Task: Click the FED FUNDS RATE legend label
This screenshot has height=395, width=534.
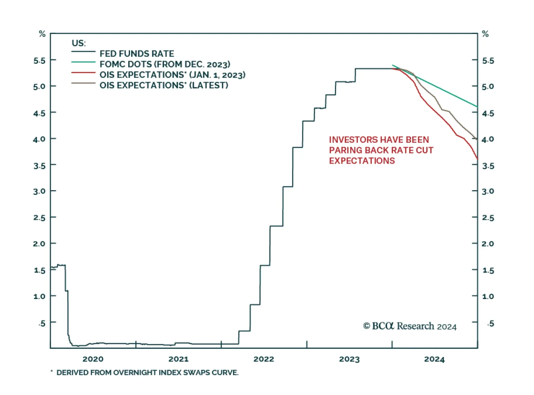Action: pos(137,54)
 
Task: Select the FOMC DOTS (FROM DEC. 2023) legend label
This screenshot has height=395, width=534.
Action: pos(165,64)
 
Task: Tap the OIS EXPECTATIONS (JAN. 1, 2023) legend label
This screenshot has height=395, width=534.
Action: pos(172,75)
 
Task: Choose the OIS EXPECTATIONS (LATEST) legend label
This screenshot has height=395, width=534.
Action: pos(164,85)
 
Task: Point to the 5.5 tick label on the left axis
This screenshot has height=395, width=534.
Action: pos(39,60)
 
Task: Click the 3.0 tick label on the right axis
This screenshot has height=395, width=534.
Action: pos(488,191)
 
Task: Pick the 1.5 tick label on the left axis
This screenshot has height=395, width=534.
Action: pos(39,270)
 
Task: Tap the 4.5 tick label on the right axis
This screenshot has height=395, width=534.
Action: pos(488,113)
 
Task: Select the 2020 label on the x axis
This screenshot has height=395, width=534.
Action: pos(93,359)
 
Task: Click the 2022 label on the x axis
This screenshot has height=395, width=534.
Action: pos(264,359)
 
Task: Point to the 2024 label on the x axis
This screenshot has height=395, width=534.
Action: pos(434,359)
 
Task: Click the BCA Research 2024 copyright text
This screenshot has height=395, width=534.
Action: pos(410,326)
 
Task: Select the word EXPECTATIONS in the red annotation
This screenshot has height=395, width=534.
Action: pos(362,161)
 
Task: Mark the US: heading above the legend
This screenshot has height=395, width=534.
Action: pos(78,43)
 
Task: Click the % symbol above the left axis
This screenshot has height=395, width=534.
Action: pos(42,34)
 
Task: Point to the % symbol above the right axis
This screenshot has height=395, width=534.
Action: pos(485,34)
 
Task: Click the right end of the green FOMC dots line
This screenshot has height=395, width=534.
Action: pos(477,106)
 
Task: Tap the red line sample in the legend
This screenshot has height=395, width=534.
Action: pos(83,73)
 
